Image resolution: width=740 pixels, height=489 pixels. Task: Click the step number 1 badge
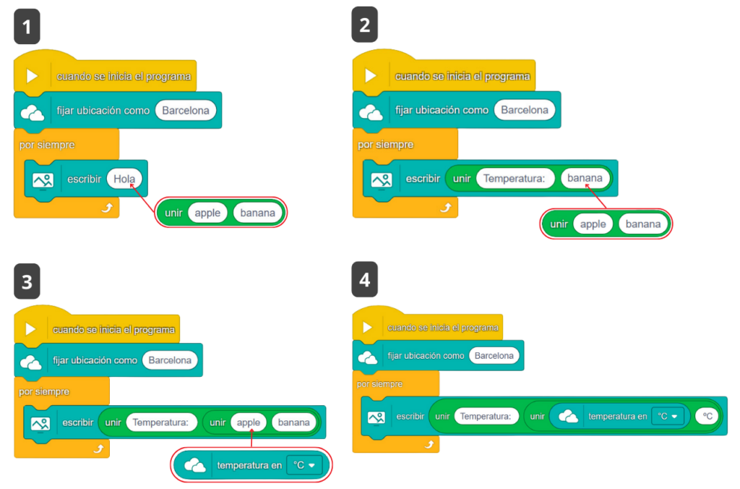point(27,27)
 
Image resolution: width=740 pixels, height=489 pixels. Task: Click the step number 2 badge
point(365,25)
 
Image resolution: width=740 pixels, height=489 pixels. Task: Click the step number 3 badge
point(27,281)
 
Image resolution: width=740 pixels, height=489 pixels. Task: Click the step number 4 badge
point(365,280)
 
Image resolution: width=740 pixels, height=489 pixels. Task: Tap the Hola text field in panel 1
point(124,178)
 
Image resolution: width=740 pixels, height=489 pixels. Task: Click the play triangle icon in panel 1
point(32,76)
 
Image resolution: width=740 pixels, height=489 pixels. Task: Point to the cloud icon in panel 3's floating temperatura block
point(195,465)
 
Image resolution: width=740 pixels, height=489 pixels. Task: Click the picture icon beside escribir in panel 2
point(381,179)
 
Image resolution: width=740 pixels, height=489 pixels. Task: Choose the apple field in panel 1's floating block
point(207,213)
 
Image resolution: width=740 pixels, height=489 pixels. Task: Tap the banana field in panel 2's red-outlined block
point(642,224)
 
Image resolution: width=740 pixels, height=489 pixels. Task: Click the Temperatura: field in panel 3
point(161,422)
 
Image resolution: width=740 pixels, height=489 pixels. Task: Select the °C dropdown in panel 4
point(667,417)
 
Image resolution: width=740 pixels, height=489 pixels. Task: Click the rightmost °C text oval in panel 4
point(708,417)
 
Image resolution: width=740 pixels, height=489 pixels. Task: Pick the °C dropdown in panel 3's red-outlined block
point(304,465)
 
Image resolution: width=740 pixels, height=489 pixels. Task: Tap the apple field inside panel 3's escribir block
point(249,422)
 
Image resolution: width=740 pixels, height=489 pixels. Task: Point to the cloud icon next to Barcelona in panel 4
point(368,356)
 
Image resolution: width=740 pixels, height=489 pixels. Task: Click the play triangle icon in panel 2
point(371,76)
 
